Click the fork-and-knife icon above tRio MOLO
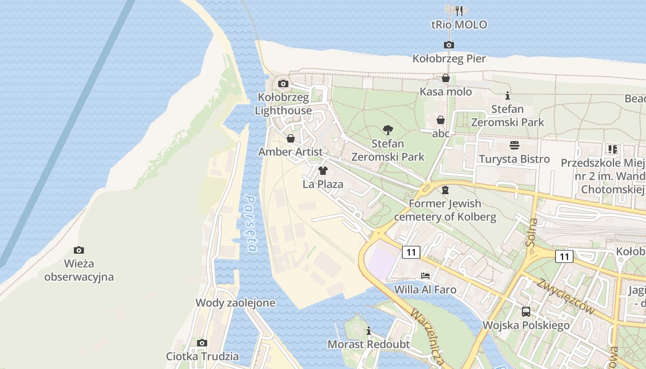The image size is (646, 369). (x=459, y=11)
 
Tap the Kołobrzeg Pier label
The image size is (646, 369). (x=449, y=59)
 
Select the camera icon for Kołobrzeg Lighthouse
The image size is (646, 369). (x=283, y=84)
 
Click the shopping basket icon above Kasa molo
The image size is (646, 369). (x=446, y=78)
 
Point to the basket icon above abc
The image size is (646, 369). (x=441, y=120)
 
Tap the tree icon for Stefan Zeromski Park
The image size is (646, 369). (x=388, y=130)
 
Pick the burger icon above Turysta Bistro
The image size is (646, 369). (x=514, y=145)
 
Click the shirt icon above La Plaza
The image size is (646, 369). (x=323, y=171)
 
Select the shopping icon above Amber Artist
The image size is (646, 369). (x=291, y=138)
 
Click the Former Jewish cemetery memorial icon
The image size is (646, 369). (x=445, y=190)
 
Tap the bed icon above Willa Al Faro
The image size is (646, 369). (x=425, y=276)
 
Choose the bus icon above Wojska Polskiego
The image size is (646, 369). (x=526, y=311)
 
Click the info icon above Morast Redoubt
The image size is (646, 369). (x=369, y=331)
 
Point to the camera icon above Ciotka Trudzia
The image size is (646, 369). (x=202, y=343)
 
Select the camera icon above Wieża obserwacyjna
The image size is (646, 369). (x=79, y=250)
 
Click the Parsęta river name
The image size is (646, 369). (x=251, y=224)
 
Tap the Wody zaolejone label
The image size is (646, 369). (x=235, y=303)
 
